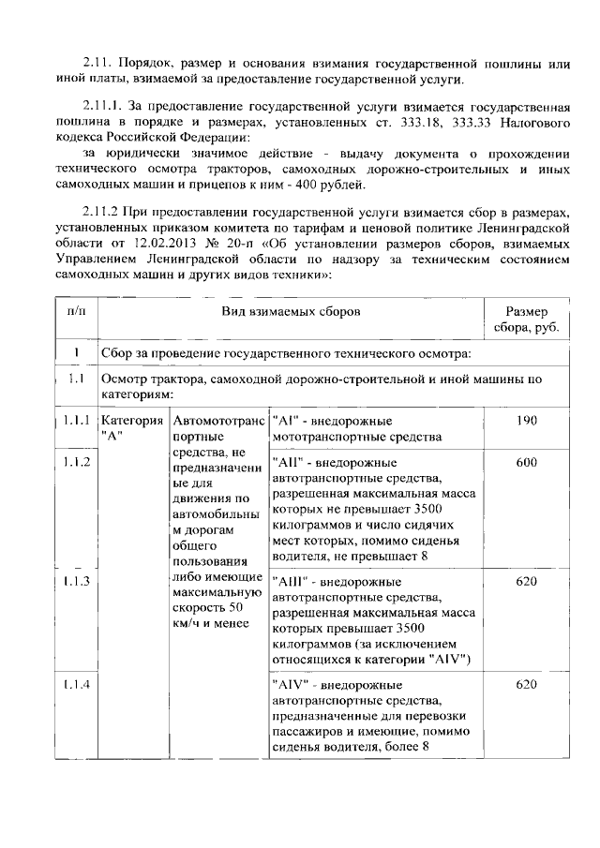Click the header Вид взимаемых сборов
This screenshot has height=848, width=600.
290,311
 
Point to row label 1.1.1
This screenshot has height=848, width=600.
75,421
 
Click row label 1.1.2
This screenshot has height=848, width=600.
75,462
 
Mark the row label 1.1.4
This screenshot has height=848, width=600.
75,685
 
